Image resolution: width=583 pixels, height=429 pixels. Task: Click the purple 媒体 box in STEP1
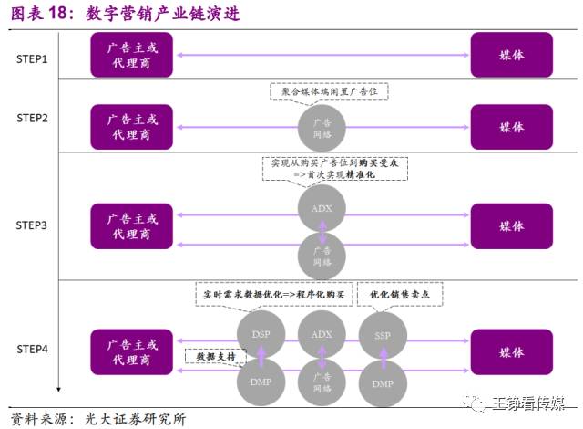point(511,55)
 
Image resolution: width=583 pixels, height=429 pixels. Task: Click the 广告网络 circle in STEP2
point(322,128)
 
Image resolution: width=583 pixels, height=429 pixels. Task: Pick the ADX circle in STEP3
point(322,207)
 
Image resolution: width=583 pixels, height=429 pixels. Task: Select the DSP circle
point(261,335)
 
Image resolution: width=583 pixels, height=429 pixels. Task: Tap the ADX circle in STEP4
point(322,335)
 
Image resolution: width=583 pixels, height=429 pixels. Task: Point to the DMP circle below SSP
point(382,383)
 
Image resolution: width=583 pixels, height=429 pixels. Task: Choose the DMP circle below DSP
point(261,383)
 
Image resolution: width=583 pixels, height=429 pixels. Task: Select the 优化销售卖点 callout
point(405,295)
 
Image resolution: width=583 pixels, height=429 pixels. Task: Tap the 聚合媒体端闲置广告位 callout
point(330,91)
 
